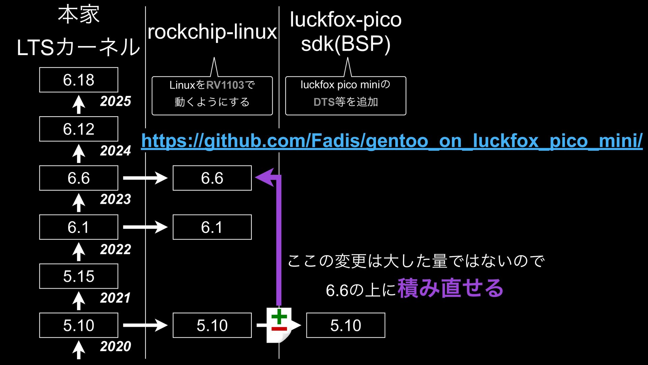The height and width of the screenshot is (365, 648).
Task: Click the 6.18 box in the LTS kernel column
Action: point(79,80)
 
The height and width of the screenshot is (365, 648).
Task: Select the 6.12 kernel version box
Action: point(79,129)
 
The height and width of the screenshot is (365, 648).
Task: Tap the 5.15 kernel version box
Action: point(79,276)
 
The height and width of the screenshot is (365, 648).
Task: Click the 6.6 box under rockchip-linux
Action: point(212,178)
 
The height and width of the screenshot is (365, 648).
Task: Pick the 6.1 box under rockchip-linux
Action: point(212,227)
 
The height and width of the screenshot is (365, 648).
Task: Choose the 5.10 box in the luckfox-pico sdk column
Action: point(346,325)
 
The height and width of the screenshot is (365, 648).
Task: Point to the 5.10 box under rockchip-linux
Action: point(212,325)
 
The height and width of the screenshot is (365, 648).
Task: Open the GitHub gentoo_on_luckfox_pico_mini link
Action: point(391,141)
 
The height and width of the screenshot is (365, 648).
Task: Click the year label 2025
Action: point(115,101)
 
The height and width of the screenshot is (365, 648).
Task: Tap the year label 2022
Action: point(115,249)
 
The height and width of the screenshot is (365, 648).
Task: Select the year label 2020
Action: point(115,346)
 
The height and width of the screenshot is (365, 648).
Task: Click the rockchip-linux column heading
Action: point(212,32)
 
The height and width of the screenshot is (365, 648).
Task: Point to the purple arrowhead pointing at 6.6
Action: point(265,177)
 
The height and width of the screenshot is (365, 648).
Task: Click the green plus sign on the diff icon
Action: point(279,317)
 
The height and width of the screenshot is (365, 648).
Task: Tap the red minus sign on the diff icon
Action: point(279,328)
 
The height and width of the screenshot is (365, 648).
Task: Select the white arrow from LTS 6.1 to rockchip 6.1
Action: point(145,227)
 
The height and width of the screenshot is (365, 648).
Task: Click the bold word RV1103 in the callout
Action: point(225,85)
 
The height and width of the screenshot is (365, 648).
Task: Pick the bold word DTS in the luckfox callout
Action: point(324,102)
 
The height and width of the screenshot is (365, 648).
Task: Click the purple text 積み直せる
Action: point(450,288)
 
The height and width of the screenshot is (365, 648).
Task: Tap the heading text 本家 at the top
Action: point(79,15)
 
